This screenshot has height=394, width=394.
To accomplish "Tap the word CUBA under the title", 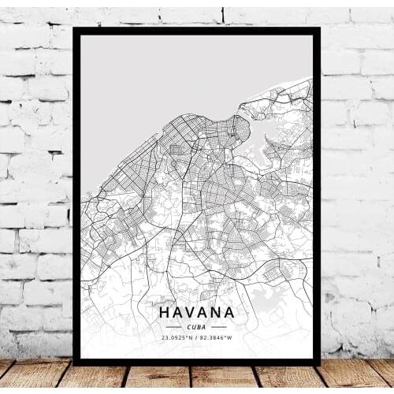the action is tap(196, 326).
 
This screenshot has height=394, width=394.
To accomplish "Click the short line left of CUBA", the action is tap(173, 326).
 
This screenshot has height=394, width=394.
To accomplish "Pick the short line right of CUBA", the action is tap(219, 326).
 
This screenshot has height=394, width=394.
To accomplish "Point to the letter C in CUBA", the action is tap(189, 326).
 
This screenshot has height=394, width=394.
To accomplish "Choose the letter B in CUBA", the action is tap(199, 326).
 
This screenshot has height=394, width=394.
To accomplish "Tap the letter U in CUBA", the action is tap(194, 326).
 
